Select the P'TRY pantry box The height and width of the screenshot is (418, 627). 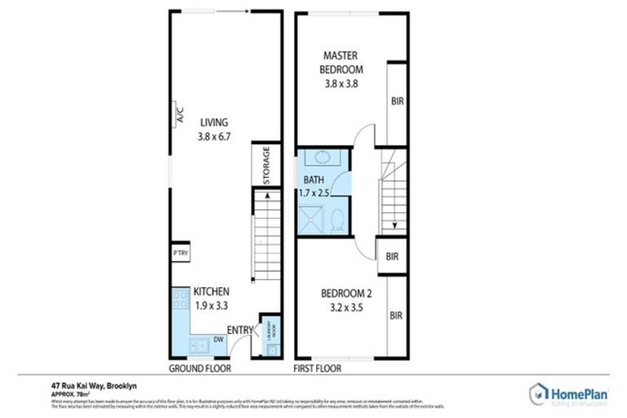tap(180, 254)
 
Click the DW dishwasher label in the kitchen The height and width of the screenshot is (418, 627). tap(219, 339)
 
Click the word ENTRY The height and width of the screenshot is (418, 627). tap(239, 330)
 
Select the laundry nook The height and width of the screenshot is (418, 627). tap(270, 336)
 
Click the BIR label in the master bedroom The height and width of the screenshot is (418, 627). tap(397, 102)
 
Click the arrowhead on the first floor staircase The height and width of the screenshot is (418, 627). tap(394, 226)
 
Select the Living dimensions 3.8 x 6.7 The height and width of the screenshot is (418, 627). tap(214, 137)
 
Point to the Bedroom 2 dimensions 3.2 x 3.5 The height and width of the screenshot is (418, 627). tap(341, 309)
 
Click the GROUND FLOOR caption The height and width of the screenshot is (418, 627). tap(199, 368)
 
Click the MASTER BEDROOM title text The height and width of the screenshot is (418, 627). tap(341, 62)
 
